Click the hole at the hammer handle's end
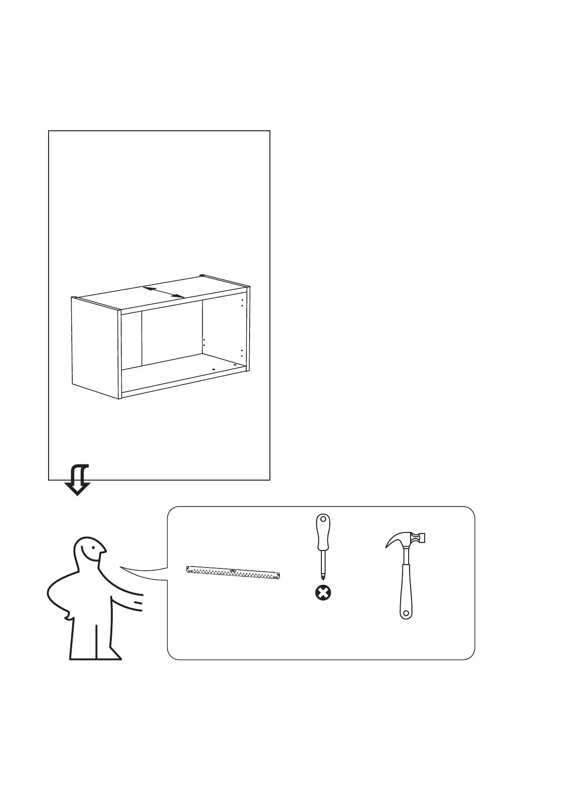pyautogui.click(x=405, y=614)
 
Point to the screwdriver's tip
pyautogui.click(x=323, y=576)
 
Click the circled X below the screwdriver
pyautogui.click(x=323, y=593)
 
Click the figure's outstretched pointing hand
pyautogui.click(x=137, y=601)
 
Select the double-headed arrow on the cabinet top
pyautogui.click(x=164, y=292)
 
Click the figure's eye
pyautogui.click(x=93, y=549)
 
